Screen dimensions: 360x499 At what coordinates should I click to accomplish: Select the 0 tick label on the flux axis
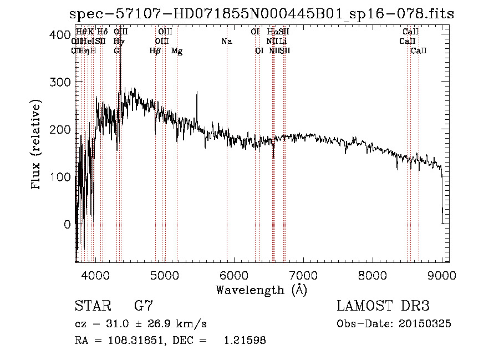[x=67, y=224]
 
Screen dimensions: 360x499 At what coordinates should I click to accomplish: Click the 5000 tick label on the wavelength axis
[x=164, y=275]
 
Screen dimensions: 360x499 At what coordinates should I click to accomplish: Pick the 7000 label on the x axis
[x=303, y=275]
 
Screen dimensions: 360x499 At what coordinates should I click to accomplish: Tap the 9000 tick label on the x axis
[x=441, y=275]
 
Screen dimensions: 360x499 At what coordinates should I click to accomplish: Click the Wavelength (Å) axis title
[x=261, y=290]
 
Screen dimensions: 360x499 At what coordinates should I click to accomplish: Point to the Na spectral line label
[x=226, y=42]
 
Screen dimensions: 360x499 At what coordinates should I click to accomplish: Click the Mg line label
[x=177, y=51]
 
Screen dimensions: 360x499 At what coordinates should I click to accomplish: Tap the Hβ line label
[x=155, y=51]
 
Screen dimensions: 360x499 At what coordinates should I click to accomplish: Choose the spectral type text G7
[x=143, y=306]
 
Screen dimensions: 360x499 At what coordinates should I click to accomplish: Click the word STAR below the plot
[x=93, y=306]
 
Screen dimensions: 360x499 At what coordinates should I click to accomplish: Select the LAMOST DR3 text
[x=383, y=306]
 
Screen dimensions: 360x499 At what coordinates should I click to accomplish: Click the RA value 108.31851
[x=139, y=341]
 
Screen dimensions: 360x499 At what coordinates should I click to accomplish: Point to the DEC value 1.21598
[x=244, y=341]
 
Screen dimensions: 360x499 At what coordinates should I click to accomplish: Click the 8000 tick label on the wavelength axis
[x=372, y=275]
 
